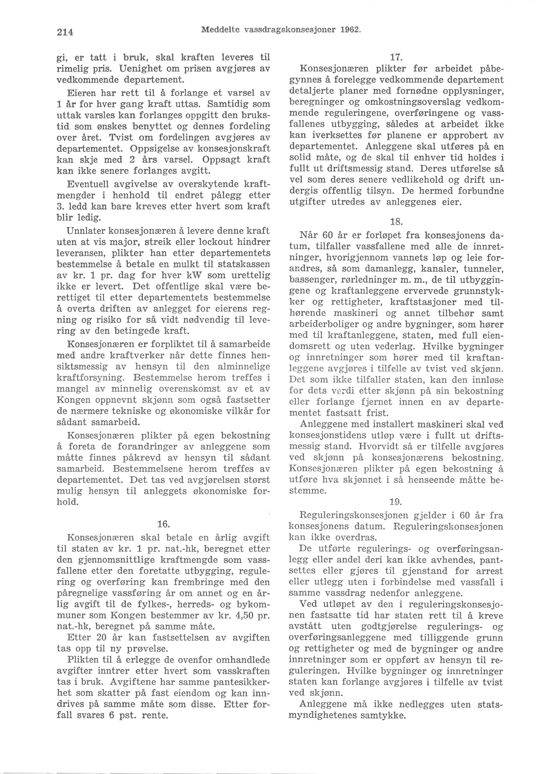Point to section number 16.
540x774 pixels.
(163, 524)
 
